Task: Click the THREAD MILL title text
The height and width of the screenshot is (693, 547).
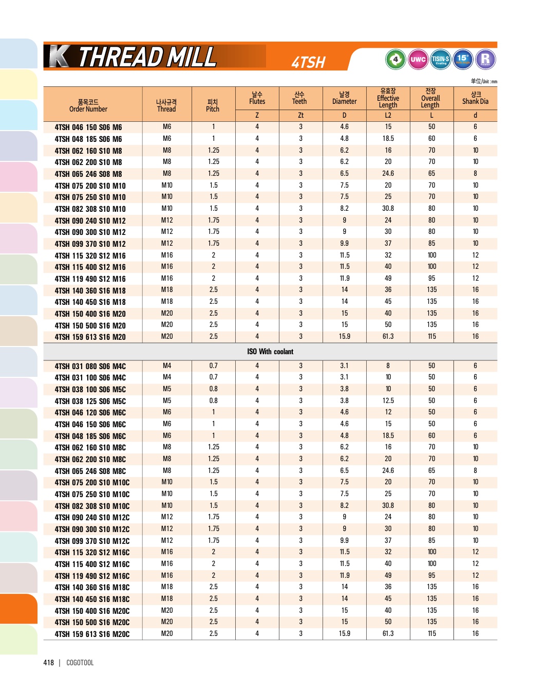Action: [147, 57]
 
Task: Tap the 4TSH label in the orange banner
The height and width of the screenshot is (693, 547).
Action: [308, 62]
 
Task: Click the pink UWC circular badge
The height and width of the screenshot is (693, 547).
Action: [418, 59]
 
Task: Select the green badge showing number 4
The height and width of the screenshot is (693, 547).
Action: [395, 59]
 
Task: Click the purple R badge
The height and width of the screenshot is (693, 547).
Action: [485, 59]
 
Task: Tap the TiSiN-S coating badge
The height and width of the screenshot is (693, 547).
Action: [440, 59]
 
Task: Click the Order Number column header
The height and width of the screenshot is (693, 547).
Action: [88, 105]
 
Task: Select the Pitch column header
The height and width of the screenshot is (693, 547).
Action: [213, 105]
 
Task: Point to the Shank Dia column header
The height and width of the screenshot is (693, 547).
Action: [475, 98]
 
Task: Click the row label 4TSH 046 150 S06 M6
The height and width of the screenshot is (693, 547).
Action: [88, 127]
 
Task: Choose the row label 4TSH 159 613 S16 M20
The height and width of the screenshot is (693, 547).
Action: [90, 337]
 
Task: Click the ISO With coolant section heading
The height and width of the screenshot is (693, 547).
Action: [270, 352]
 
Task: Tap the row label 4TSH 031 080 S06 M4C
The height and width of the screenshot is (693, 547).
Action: [90, 366]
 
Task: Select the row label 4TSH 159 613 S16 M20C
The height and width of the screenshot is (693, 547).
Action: [92, 634]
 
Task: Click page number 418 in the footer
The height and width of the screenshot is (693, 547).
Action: [49, 663]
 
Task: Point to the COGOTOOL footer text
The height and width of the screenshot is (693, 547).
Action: [80, 663]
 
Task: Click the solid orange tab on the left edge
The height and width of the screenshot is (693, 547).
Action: [18, 609]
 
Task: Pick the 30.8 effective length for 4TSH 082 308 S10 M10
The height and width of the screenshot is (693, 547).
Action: [388, 208]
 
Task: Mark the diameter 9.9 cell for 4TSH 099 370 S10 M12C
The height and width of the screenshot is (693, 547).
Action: [344, 540]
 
